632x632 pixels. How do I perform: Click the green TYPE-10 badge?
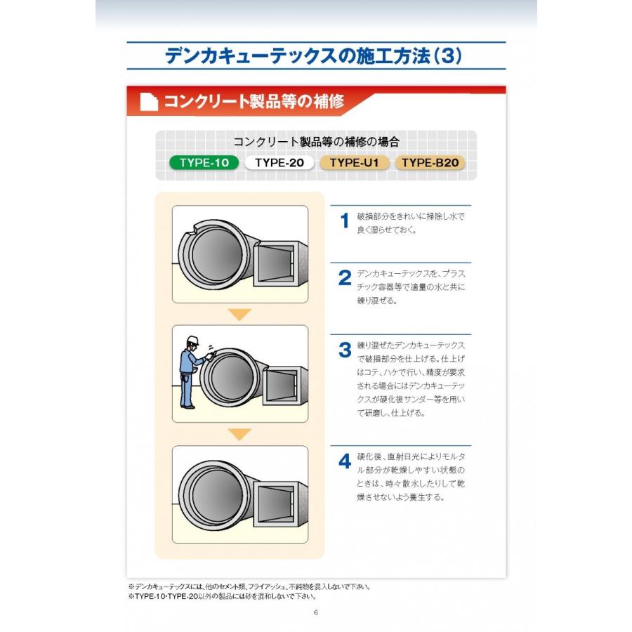click(x=204, y=163)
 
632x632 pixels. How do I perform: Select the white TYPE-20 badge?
click(x=279, y=163)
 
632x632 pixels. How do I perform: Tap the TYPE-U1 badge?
click(x=355, y=163)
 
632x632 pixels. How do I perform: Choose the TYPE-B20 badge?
click(x=430, y=163)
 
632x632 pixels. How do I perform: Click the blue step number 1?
click(x=344, y=221)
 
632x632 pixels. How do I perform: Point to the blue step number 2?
click(x=344, y=279)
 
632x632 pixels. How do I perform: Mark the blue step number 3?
click(x=344, y=350)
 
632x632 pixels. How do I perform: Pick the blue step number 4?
click(x=344, y=461)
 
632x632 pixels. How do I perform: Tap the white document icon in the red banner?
click(x=148, y=102)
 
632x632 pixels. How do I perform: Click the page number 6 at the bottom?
click(x=316, y=612)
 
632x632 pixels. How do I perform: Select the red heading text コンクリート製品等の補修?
click(x=254, y=102)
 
